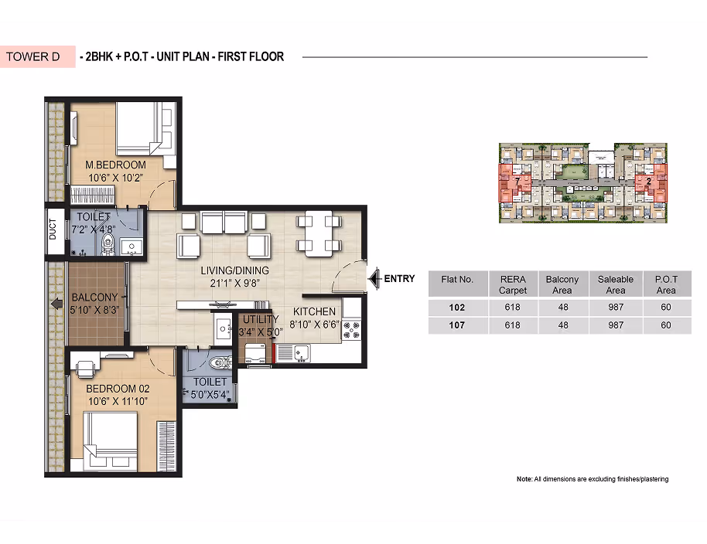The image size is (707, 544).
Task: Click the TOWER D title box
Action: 38,56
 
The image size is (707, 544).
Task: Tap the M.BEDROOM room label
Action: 115,165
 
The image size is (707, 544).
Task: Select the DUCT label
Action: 53,229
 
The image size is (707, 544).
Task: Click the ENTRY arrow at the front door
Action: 374,279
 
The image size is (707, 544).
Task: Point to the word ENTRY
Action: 399,279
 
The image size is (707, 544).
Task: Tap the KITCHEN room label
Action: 314,311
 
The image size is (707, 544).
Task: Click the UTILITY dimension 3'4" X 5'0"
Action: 261,332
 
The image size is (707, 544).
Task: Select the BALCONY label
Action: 94,297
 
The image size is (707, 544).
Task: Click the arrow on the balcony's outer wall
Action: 56,304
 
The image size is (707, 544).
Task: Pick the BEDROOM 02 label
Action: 118,389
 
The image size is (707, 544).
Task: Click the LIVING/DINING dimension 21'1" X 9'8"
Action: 235,284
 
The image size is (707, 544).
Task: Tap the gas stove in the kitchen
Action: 352,329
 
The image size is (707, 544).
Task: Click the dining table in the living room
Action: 319,233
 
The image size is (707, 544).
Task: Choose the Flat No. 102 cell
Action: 457,308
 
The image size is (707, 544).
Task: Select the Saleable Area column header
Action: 616,284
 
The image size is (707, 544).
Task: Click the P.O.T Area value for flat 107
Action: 666,325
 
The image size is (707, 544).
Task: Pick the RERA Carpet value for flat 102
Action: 513,307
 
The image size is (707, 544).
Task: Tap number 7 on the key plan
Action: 517,181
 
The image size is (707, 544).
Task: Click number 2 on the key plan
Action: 648,182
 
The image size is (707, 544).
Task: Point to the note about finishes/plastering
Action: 593,479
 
